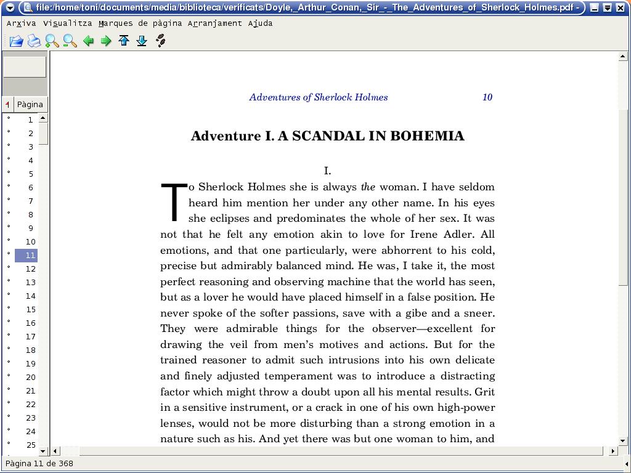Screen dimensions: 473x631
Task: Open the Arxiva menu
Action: point(21,23)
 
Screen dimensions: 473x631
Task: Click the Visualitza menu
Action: point(67,23)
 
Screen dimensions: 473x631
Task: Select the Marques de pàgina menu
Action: point(140,23)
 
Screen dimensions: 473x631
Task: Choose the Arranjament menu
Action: point(214,23)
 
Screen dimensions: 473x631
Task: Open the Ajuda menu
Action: point(260,23)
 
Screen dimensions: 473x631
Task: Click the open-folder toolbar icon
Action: point(16,41)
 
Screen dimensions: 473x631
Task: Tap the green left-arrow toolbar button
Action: point(88,41)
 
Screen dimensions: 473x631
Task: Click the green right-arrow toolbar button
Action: point(106,41)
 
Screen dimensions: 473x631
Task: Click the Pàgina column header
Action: point(30,104)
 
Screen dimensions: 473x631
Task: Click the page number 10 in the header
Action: point(487,97)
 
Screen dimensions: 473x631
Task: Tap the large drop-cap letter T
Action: point(174,201)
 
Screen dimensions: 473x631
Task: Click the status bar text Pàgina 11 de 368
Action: point(40,463)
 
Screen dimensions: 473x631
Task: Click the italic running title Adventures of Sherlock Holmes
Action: point(318,97)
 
